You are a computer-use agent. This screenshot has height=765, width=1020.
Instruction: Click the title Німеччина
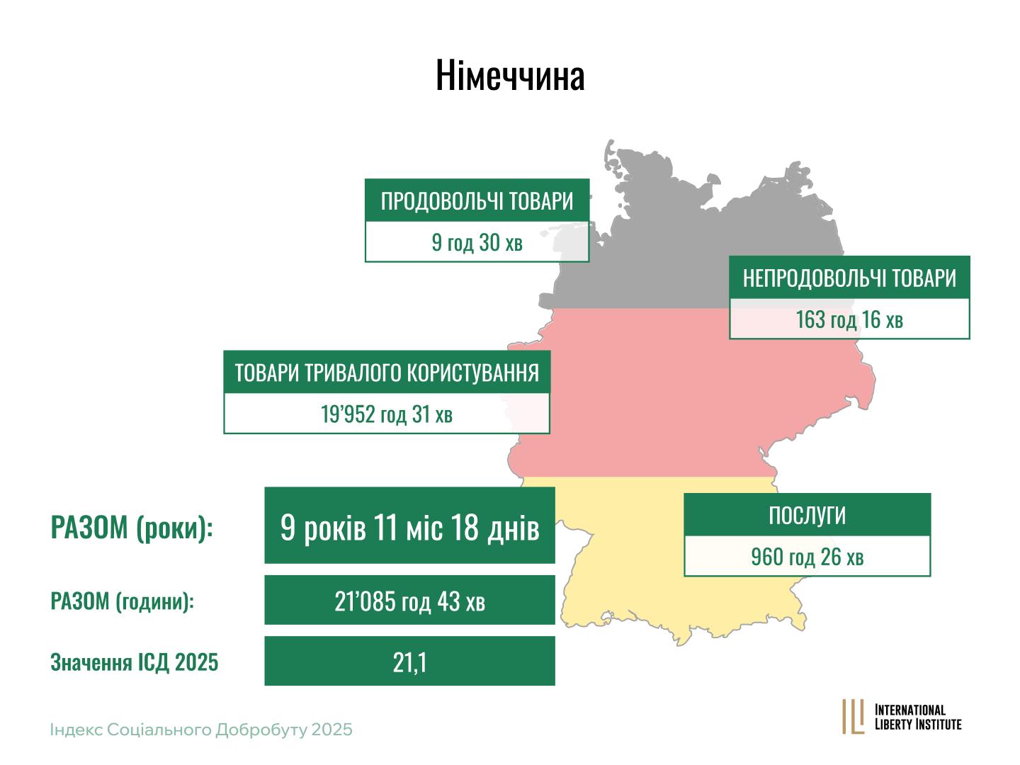click(x=510, y=75)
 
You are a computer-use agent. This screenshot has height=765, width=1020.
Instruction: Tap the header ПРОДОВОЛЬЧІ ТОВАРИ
click(x=477, y=201)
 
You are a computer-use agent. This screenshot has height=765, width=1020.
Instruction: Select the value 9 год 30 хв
click(x=477, y=242)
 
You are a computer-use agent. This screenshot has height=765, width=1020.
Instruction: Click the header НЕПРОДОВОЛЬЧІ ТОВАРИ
click(x=849, y=278)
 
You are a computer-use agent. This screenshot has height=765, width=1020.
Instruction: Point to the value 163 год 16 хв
click(x=849, y=319)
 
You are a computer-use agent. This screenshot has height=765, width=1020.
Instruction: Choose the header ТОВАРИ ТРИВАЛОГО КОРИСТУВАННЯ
click(x=387, y=372)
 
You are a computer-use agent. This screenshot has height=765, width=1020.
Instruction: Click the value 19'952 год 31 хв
click(x=387, y=414)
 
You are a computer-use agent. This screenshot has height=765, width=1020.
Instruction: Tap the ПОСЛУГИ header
click(x=807, y=515)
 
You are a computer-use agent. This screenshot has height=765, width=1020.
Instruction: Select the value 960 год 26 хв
click(x=807, y=557)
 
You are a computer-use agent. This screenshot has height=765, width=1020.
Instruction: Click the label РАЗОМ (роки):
click(x=132, y=528)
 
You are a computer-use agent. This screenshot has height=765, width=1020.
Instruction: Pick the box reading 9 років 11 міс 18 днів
click(x=409, y=526)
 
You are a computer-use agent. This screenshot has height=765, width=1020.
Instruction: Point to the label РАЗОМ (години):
click(x=122, y=601)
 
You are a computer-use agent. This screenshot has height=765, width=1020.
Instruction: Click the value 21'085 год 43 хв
click(x=409, y=601)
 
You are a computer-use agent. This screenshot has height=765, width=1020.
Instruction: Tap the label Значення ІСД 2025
click(x=135, y=662)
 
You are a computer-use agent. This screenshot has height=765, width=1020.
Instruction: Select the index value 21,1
click(x=409, y=662)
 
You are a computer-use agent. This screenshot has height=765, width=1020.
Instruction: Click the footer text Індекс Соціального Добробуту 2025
click(x=200, y=730)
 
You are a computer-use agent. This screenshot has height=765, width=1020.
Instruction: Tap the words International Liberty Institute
click(x=918, y=717)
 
